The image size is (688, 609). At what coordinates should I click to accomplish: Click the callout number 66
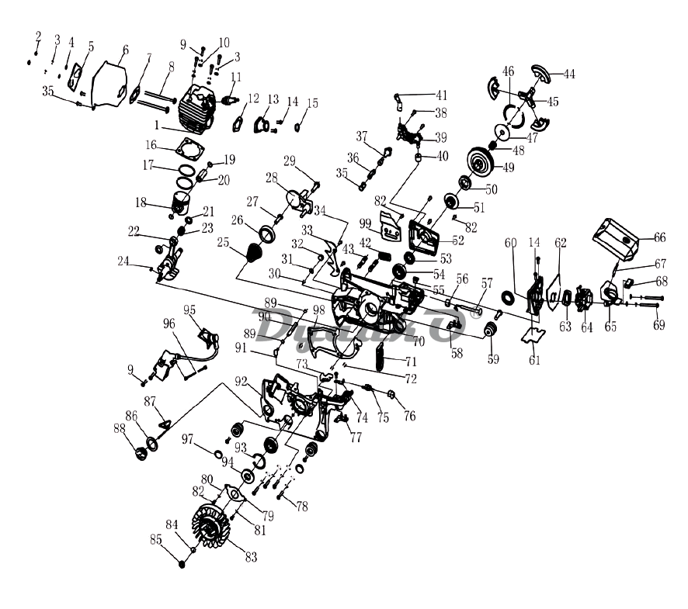click(659, 237)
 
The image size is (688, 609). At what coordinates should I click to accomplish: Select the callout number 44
click(569, 74)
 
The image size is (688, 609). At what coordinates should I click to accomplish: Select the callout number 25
click(224, 243)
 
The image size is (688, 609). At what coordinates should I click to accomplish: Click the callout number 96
click(169, 324)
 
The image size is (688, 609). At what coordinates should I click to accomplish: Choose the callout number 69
click(658, 326)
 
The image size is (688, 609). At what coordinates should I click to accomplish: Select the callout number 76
click(409, 417)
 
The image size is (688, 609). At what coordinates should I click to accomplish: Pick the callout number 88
click(119, 427)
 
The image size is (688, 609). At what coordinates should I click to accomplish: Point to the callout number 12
click(252, 99)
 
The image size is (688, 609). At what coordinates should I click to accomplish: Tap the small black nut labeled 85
click(182, 563)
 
